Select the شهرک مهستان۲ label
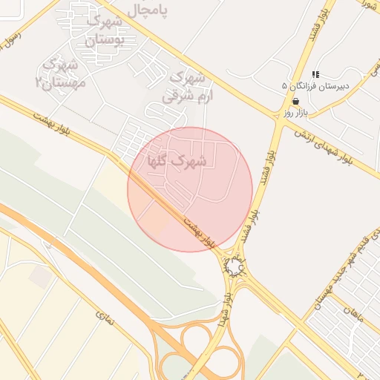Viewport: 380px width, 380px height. click(61, 73)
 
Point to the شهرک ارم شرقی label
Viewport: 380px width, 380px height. click(186, 86)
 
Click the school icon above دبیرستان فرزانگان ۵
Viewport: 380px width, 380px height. click(315, 74)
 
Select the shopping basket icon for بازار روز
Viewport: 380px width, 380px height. click(296, 101)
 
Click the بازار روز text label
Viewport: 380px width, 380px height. click(295, 113)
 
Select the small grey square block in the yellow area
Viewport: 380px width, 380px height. click(42, 277)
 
